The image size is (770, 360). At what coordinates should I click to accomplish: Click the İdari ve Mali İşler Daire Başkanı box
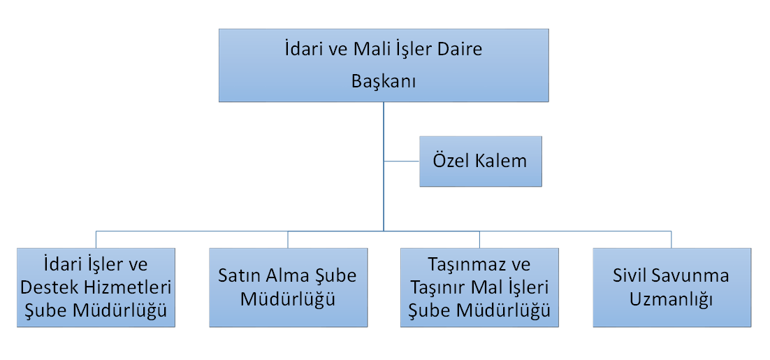click(384, 65)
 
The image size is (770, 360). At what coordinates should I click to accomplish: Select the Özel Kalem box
click(480, 161)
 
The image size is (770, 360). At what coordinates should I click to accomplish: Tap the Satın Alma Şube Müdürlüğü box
click(289, 287)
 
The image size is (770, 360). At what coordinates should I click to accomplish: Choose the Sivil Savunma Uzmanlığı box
click(671, 287)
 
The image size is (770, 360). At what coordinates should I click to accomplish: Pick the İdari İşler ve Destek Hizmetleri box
click(96, 287)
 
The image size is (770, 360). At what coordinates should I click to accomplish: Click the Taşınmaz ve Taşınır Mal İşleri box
click(480, 287)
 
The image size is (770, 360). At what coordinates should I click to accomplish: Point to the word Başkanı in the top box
click(384, 82)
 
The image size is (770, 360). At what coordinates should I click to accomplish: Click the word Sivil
click(629, 275)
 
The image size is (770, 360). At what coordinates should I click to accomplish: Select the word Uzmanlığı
click(671, 300)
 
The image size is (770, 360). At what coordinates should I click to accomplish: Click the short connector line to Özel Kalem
click(402, 161)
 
